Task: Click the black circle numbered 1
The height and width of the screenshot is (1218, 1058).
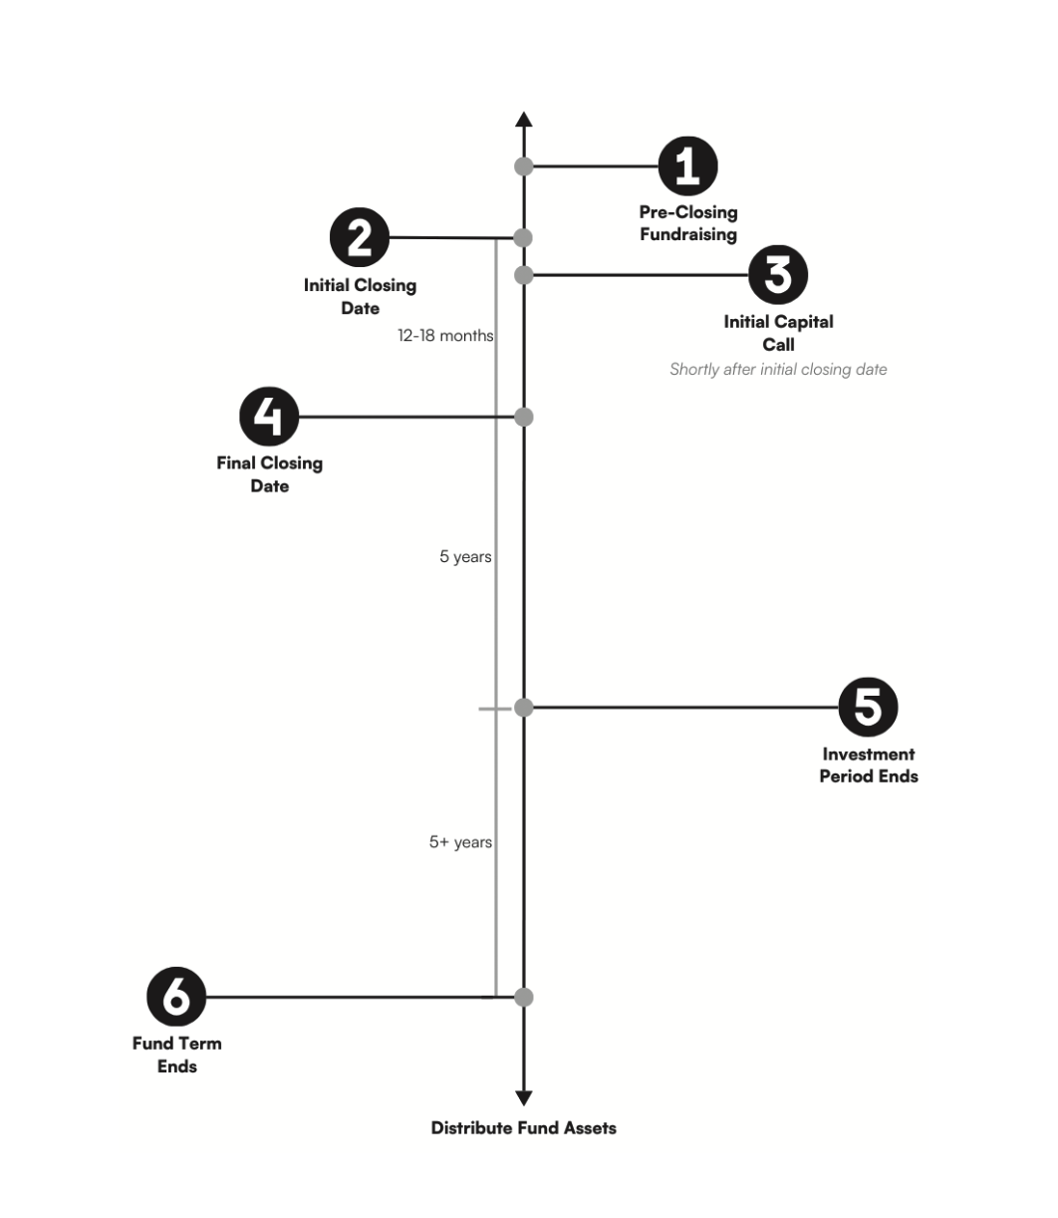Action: point(687,165)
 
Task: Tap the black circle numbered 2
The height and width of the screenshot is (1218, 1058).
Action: point(360,237)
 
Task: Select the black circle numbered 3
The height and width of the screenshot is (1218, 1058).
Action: point(778,275)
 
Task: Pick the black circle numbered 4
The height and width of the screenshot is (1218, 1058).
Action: point(270,417)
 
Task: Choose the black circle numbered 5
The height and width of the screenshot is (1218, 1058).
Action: point(868,708)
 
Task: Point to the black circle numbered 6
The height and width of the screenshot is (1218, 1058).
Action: point(176,997)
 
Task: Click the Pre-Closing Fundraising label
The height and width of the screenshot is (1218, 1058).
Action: point(688,223)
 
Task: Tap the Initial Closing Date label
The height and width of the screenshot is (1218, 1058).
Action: point(360,296)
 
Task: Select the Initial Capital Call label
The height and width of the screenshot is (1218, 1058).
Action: point(778,333)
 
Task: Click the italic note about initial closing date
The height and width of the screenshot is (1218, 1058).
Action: point(778,370)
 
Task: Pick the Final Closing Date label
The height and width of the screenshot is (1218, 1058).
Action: point(270,474)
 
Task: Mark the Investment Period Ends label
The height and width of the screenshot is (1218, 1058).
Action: point(868,764)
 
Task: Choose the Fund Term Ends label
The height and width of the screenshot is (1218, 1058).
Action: point(176,1055)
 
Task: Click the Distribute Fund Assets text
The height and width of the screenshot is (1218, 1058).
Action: point(523,1128)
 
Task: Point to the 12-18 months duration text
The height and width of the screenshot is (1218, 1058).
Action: point(445,336)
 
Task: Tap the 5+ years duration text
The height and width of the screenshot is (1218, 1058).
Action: point(460,842)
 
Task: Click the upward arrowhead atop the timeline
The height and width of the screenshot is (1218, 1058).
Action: point(524,121)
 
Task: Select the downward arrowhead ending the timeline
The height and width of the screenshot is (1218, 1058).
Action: point(524,1097)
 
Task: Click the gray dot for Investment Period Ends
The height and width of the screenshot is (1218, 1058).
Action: point(524,708)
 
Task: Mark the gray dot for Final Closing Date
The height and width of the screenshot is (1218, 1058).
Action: point(524,417)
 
